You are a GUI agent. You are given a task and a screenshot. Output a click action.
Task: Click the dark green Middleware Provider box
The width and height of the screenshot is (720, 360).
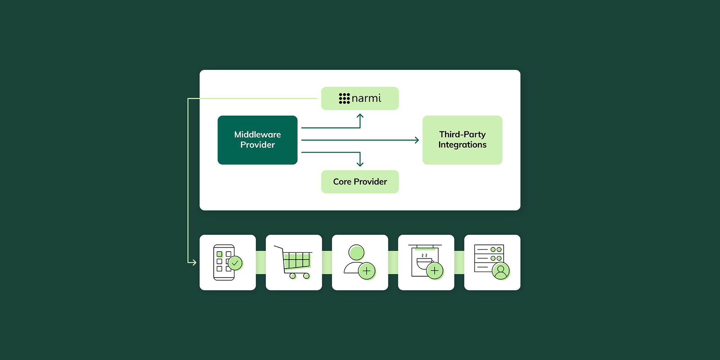257,140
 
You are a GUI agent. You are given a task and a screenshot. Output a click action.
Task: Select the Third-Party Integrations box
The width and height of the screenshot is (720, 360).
462,140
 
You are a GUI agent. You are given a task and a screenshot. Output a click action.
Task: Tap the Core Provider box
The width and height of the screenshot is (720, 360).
360,182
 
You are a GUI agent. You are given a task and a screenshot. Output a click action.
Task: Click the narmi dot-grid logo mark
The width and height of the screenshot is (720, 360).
344,98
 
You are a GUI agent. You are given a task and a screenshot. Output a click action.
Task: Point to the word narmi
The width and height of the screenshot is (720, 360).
366,98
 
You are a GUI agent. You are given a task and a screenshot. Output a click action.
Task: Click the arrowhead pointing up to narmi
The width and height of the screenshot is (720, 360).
360,116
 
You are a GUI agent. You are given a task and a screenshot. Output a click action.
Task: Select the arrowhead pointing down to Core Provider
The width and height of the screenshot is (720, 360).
360,164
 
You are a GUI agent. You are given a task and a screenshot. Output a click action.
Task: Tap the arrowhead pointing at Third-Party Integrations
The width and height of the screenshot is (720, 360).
417,140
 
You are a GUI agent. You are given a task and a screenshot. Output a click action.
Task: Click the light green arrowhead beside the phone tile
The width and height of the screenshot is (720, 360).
194,262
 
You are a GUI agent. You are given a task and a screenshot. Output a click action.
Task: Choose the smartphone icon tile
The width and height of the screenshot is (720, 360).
228,262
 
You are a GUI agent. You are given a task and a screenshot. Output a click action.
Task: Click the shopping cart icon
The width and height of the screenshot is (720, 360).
294,262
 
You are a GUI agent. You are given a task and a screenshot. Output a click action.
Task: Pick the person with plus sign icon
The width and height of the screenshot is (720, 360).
360,262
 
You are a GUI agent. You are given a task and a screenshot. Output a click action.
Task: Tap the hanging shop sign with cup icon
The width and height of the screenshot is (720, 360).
426,262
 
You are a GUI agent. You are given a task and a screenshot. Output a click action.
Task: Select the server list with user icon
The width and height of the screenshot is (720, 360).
492,262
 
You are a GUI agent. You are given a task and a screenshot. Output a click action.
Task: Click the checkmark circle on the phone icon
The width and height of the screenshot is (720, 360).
235,263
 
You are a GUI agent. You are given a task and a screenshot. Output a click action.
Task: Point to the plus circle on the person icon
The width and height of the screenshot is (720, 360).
367,271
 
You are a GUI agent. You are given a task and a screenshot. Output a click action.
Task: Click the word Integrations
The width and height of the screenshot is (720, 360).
462,145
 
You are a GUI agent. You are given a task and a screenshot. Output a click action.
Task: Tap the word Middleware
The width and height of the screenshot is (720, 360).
257,135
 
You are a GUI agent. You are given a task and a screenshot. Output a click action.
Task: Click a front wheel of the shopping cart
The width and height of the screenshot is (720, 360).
306,276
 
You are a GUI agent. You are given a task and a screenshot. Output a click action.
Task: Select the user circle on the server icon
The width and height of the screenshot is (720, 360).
501,270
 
